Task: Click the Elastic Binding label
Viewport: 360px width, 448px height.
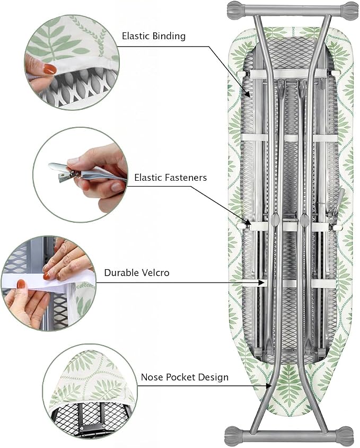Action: point(154,36)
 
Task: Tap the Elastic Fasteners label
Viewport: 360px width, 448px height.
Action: point(171,178)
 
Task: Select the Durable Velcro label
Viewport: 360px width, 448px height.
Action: point(137,273)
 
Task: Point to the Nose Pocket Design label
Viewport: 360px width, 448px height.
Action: point(185,377)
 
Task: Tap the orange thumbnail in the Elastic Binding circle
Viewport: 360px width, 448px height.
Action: point(49,69)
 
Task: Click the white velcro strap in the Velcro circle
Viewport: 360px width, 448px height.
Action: point(49,280)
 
